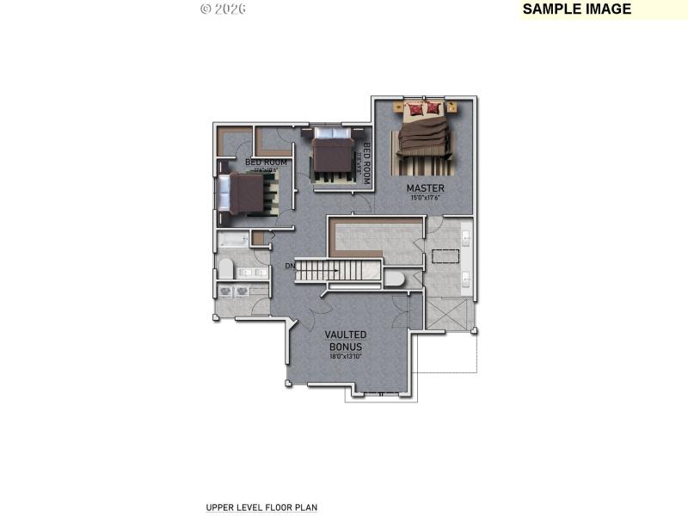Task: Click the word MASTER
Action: click(425, 188)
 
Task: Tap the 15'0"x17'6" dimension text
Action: click(425, 199)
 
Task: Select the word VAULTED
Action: click(346, 335)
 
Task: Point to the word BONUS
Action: click(346, 346)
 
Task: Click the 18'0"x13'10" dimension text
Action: click(346, 356)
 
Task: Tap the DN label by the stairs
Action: click(290, 267)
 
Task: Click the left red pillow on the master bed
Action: click(416, 108)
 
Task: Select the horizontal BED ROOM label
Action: click(266, 162)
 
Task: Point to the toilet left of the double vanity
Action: click(225, 268)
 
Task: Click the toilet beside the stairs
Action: click(394, 279)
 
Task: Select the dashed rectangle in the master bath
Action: click(445, 255)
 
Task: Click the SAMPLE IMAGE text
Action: click(576, 9)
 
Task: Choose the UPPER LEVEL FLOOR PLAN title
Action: click(261, 507)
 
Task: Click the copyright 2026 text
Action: click(223, 9)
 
